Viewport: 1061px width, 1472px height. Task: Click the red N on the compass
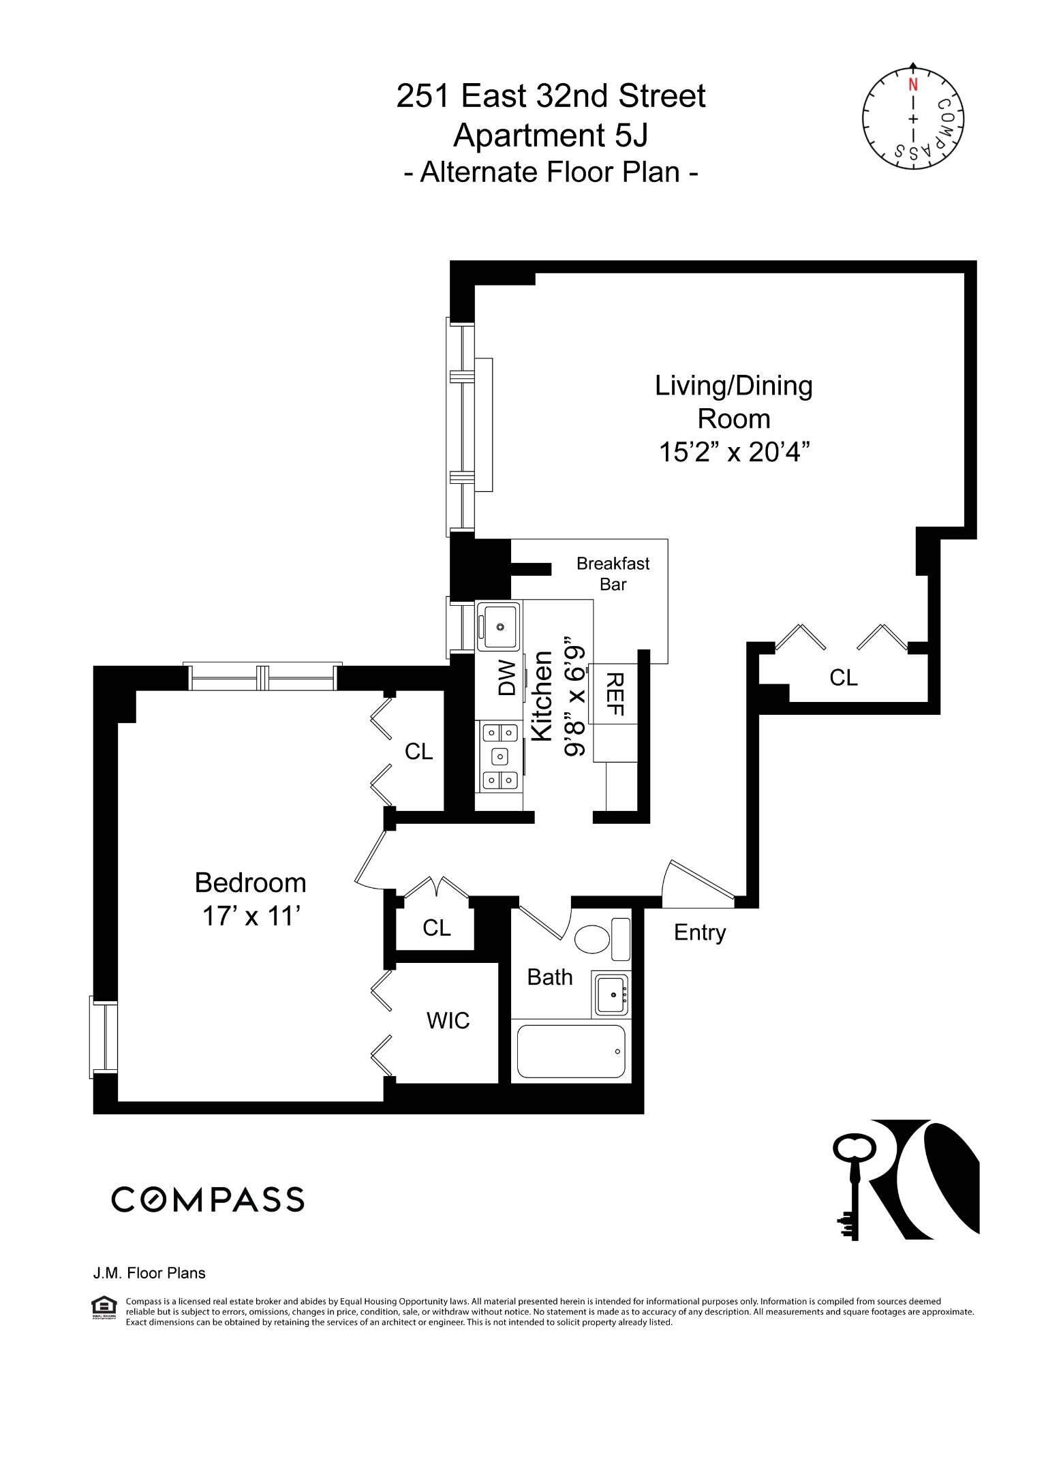912,85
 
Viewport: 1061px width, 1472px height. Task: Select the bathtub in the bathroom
571,1052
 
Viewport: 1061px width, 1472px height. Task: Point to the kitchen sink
499,626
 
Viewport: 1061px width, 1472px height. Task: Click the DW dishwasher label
507,677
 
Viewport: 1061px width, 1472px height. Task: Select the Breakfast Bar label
613,573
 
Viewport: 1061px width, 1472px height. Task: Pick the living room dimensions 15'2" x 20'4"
733,452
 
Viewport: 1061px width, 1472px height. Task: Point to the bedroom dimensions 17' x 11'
251,917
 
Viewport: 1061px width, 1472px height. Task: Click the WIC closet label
448,1020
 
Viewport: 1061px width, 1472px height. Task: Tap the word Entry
699,932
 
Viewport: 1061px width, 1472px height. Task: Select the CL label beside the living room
843,677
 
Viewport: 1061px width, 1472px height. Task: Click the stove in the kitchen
499,756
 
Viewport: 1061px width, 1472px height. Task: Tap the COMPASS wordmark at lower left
207,1199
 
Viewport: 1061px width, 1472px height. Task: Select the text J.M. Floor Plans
149,1273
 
